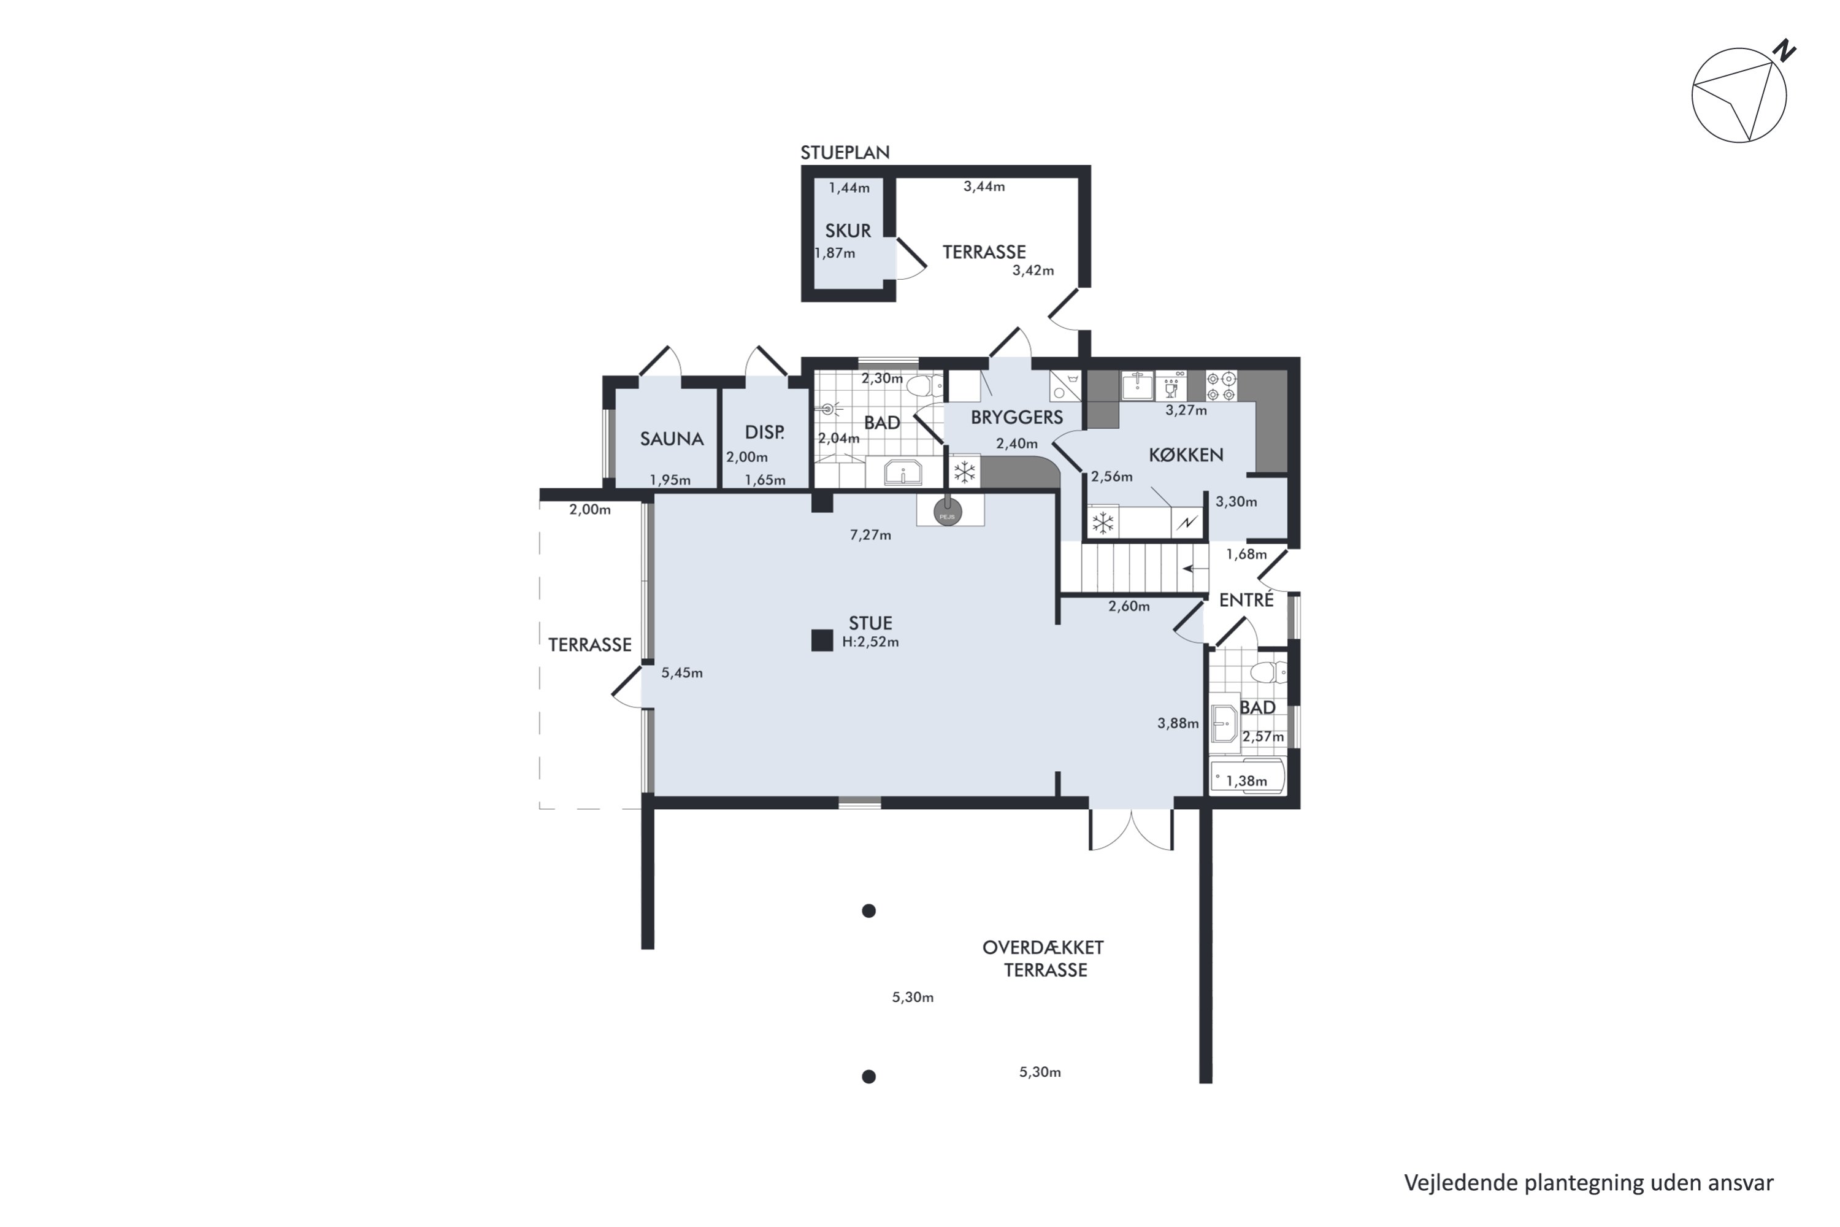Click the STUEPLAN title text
(x=845, y=153)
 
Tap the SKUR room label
(x=848, y=231)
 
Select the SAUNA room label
(x=672, y=439)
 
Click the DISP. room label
(x=764, y=432)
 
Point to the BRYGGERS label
(x=1017, y=417)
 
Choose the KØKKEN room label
(x=1186, y=455)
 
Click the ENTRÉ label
(x=1246, y=599)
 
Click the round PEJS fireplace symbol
(x=948, y=513)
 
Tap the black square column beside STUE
(x=821, y=640)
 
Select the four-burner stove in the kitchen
(x=1221, y=385)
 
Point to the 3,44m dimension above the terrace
(x=984, y=187)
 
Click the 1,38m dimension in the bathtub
(x=1246, y=780)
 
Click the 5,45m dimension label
(x=682, y=673)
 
